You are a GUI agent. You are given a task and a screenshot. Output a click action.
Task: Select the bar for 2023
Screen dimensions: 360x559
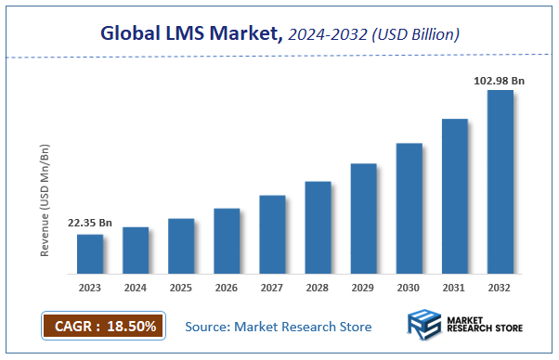[x=90, y=253]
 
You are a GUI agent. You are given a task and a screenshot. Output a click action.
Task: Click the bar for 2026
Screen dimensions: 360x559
[x=227, y=240]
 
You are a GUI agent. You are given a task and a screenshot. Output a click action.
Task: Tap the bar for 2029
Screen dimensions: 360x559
[x=363, y=218]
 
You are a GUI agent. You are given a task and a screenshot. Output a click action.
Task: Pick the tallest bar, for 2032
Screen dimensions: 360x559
[x=500, y=182]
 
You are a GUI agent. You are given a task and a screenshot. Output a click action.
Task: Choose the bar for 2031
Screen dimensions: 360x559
[x=454, y=196]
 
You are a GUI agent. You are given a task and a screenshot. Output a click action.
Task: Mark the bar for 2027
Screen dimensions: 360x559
[x=272, y=234]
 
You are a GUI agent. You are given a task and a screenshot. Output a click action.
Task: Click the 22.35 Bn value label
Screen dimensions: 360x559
[x=90, y=224]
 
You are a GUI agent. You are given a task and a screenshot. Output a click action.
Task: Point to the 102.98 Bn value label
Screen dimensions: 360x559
[x=500, y=81]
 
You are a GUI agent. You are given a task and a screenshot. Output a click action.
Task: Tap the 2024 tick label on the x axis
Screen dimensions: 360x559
[x=136, y=287]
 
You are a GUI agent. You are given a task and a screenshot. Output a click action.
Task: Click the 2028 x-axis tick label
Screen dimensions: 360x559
[x=318, y=287]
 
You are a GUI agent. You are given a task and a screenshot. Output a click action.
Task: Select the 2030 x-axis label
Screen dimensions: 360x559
[x=409, y=287]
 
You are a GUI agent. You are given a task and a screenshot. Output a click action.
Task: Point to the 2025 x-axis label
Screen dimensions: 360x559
[x=181, y=287]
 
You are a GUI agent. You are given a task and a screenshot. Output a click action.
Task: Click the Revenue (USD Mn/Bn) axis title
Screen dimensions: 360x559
[x=45, y=199]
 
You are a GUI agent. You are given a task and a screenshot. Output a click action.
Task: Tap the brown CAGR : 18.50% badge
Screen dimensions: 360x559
[x=103, y=326]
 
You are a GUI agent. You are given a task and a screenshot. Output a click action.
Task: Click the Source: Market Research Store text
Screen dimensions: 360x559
[x=278, y=327]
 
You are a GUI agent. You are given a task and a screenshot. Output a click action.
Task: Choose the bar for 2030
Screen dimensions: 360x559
[x=409, y=208]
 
